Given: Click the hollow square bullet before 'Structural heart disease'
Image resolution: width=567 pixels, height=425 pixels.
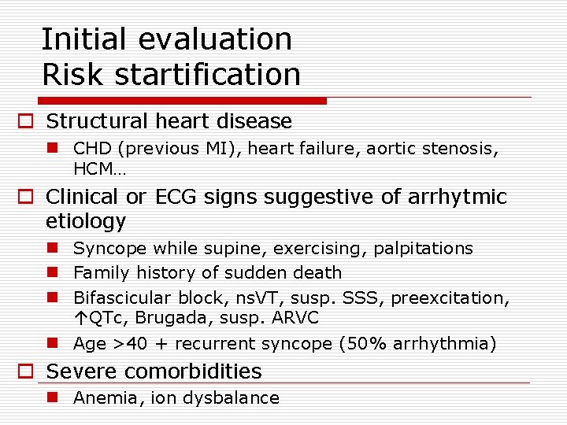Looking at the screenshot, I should coord(26,122).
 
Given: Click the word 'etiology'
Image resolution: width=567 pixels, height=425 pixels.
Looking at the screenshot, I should coord(86,221).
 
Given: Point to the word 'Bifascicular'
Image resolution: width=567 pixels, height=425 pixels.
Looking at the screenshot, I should coord(122,298).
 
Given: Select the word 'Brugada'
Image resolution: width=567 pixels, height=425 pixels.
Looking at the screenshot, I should coord(162,319).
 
